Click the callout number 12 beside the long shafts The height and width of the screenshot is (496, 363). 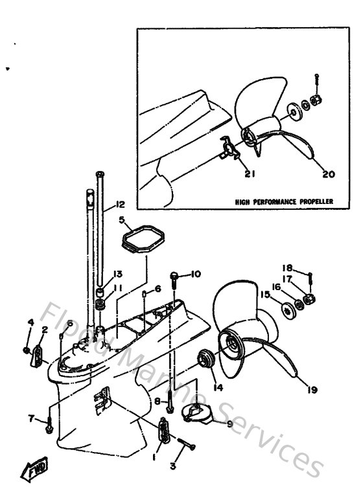click(119, 205)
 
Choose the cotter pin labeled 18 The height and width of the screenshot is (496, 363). click(310, 279)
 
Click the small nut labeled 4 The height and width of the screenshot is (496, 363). click(25, 350)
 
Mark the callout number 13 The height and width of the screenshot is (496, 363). click(118, 273)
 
